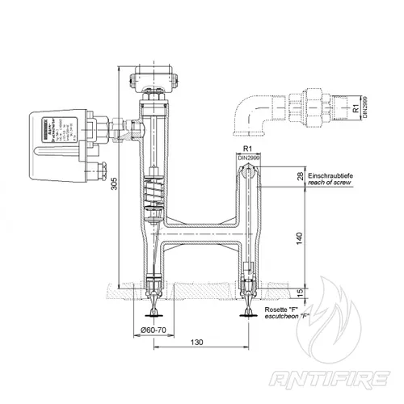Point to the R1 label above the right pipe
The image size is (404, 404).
coord(248,151)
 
